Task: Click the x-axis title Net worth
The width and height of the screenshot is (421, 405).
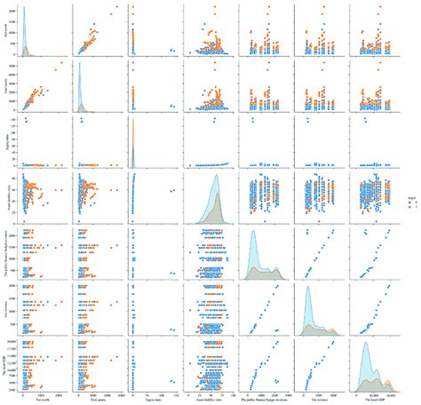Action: click(37, 399)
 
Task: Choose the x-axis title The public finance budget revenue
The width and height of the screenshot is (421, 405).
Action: click(258, 399)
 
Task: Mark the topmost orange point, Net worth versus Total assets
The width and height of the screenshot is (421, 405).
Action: click(115, 8)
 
